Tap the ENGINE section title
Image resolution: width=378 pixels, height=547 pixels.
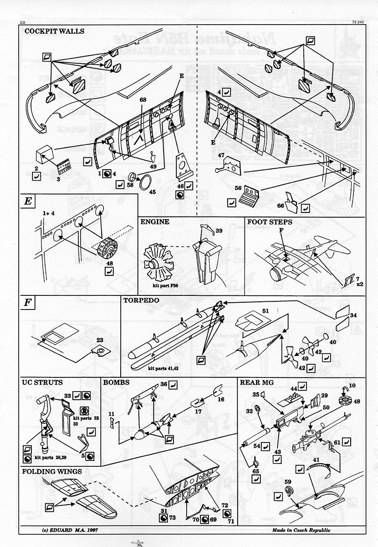point(155,222)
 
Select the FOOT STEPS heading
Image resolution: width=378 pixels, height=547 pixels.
point(270,222)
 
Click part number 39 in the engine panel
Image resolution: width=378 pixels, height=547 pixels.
point(219,231)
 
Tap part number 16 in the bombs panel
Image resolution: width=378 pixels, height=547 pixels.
point(221,398)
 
